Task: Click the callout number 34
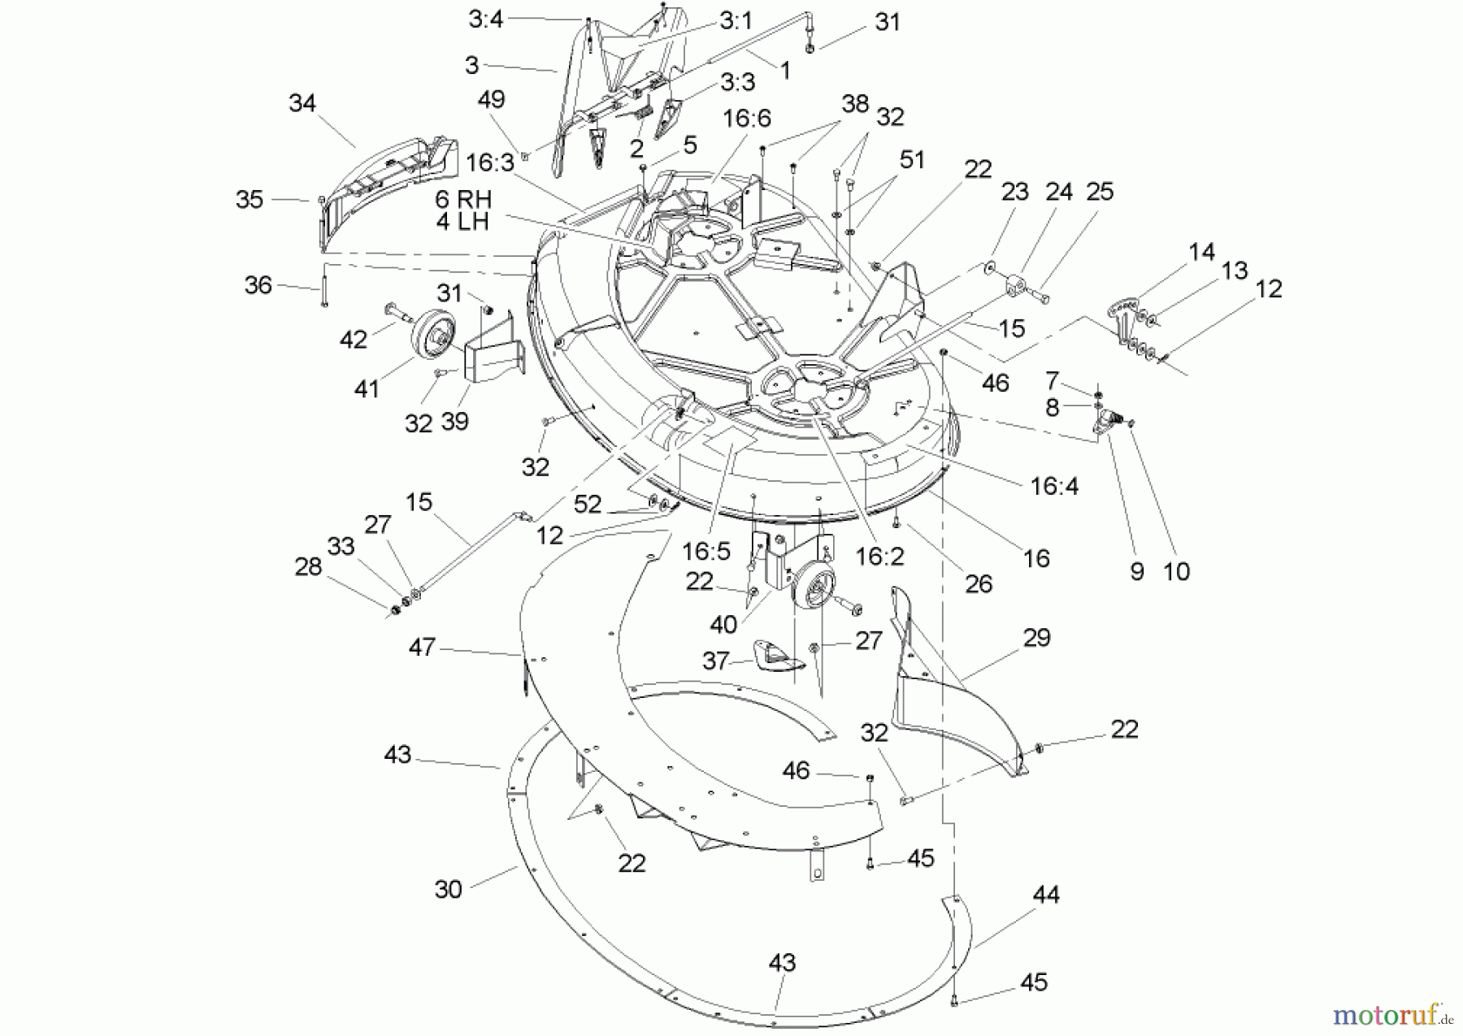[302, 103]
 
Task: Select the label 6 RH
[463, 199]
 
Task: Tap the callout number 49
[491, 99]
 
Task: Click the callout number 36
[258, 285]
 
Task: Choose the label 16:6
[746, 119]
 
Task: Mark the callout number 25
[1100, 192]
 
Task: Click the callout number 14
[1201, 251]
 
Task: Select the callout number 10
[1177, 572]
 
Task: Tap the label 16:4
[1054, 486]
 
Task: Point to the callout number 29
[1036, 638]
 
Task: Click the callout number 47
[422, 648]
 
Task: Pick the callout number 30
[448, 889]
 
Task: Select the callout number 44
[1046, 895]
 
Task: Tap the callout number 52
[588, 505]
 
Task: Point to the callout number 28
[309, 567]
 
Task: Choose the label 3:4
[485, 19]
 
